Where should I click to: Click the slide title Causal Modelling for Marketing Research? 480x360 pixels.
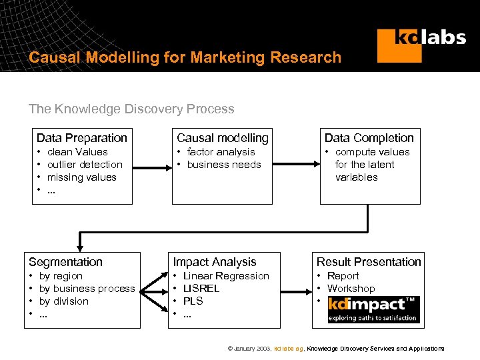(185, 57)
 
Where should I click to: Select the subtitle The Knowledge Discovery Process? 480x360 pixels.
(131, 109)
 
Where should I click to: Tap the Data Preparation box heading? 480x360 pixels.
(81, 138)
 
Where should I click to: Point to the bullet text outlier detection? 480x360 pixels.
(85, 165)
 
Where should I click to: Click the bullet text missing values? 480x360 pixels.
(81, 177)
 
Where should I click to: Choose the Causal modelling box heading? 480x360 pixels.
(222, 138)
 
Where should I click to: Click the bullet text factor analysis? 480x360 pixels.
(221, 152)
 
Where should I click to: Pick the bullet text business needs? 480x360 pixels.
(223, 165)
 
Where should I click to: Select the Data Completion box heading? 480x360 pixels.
(369, 138)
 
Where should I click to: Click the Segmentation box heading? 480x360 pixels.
(65, 262)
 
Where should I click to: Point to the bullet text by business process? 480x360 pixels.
(87, 289)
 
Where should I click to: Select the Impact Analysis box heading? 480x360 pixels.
(214, 262)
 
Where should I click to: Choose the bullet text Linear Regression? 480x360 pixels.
(226, 276)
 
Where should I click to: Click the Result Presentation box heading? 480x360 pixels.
(369, 262)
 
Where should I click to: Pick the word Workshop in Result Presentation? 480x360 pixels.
(351, 289)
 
